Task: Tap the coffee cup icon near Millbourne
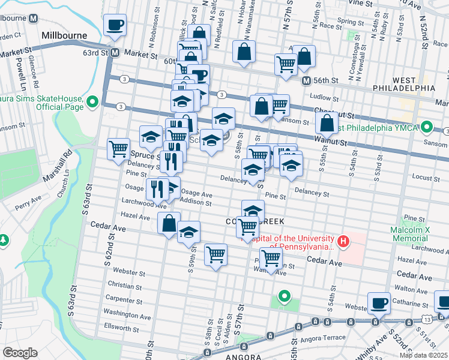(115, 25)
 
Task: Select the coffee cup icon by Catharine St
(379, 303)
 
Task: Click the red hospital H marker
(343, 242)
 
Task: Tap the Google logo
(20, 353)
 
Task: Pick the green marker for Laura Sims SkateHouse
(92, 102)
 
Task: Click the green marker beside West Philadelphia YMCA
(427, 127)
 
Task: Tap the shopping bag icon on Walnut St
(327, 124)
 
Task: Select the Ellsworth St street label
(122, 328)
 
